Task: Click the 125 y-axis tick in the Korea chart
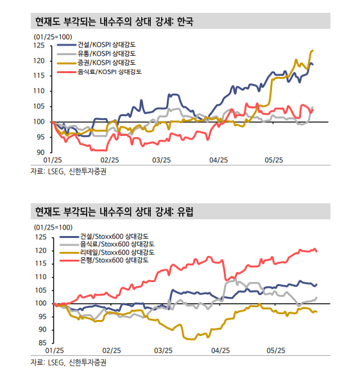tap(40, 46)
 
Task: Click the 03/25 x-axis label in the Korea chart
tap(162, 160)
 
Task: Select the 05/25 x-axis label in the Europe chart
tap(275, 351)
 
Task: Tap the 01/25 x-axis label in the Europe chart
tap(53, 351)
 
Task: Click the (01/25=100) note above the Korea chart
tap(52, 37)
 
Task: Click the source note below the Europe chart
tap(69, 362)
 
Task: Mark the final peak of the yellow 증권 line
tap(312, 50)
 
